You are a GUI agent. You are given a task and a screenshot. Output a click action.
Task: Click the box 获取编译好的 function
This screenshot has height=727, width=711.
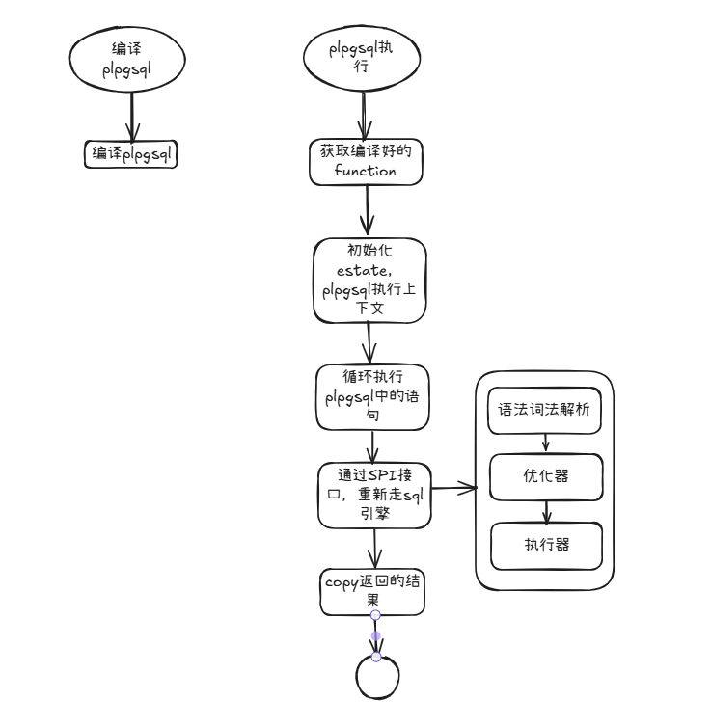pyautogui.click(x=367, y=161)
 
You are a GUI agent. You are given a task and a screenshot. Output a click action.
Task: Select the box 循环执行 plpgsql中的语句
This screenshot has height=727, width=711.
pyautogui.click(x=372, y=397)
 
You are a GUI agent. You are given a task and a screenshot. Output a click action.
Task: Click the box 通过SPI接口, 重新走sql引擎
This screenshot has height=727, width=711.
pyautogui.click(x=374, y=496)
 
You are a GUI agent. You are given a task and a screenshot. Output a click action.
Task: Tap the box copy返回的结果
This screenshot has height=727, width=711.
pyautogui.click(x=372, y=591)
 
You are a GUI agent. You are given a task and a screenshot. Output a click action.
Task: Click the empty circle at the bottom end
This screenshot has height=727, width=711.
pyautogui.click(x=376, y=677)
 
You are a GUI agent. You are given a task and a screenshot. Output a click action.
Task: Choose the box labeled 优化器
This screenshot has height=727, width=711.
pyautogui.click(x=547, y=475)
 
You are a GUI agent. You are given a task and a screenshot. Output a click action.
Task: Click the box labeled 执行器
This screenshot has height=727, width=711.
pyautogui.click(x=547, y=545)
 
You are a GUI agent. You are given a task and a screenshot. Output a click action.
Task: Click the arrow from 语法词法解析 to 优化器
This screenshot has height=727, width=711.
pyautogui.click(x=546, y=442)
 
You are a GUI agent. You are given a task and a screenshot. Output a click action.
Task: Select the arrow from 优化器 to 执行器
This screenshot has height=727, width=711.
pyautogui.click(x=547, y=510)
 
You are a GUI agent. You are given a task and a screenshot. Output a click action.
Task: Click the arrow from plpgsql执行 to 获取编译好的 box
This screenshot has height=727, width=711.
pyautogui.click(x=364, y=117)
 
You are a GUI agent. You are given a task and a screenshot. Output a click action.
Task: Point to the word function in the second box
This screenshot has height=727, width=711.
pyautogui.click(x=366, y=171)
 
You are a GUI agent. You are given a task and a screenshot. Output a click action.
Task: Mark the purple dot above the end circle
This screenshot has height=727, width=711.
pyautogui.click(x=376, y=635)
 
